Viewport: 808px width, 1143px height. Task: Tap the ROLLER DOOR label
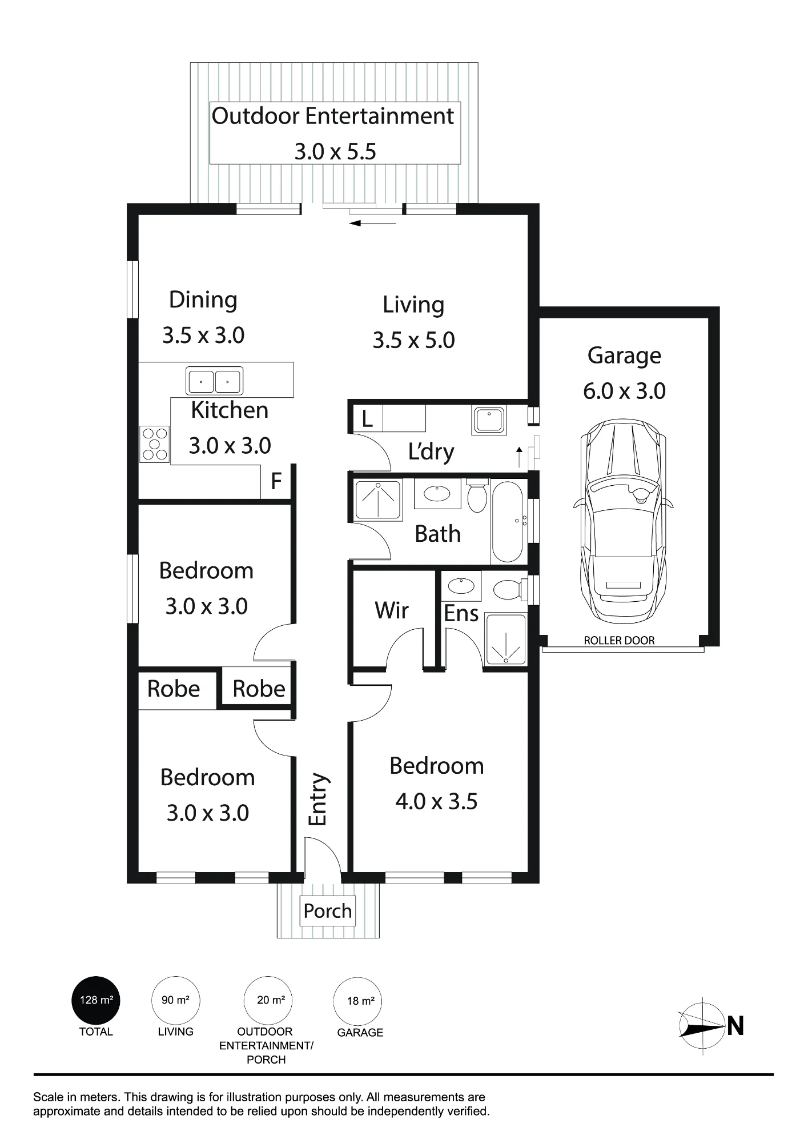click(x=619, y=641)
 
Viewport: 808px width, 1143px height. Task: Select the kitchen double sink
click(x=214, y=381)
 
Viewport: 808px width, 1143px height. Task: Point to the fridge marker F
click(x=276, y=481)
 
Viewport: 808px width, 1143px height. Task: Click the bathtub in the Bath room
click(x=507, y=522)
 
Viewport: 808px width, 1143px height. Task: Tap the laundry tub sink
click(x=489, y=420)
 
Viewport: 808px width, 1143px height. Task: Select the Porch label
click(x=328, y=911)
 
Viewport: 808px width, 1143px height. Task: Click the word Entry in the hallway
click(x=318, y=800)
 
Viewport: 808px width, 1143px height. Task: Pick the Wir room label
click(x=392, y=610)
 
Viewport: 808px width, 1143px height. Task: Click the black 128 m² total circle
click(x=96, y=1001)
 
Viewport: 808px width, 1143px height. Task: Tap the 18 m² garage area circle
click(x=360, y=1001)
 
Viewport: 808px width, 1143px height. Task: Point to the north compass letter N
click(x=735, y=1026)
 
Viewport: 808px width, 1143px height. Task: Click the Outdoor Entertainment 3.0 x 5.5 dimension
click(x=335, y=151)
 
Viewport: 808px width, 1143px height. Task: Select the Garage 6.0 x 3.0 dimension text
click(x=624, y=391)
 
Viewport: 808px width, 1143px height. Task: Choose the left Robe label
click(x=174, y=689)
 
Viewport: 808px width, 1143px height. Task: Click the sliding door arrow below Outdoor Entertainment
click(x=372, y=223)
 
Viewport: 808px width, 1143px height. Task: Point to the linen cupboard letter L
click(x=367, y=419)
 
